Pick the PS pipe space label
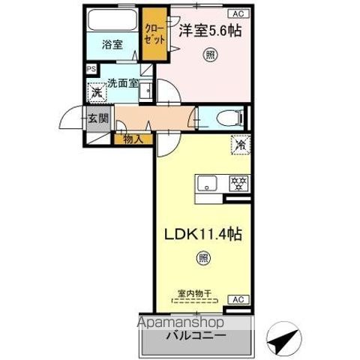point(91,69)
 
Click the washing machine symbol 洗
point(96,94)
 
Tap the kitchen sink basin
point(208,182)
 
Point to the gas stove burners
point(238,182)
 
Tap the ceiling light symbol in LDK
point(203,259)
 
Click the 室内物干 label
point(194,293)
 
